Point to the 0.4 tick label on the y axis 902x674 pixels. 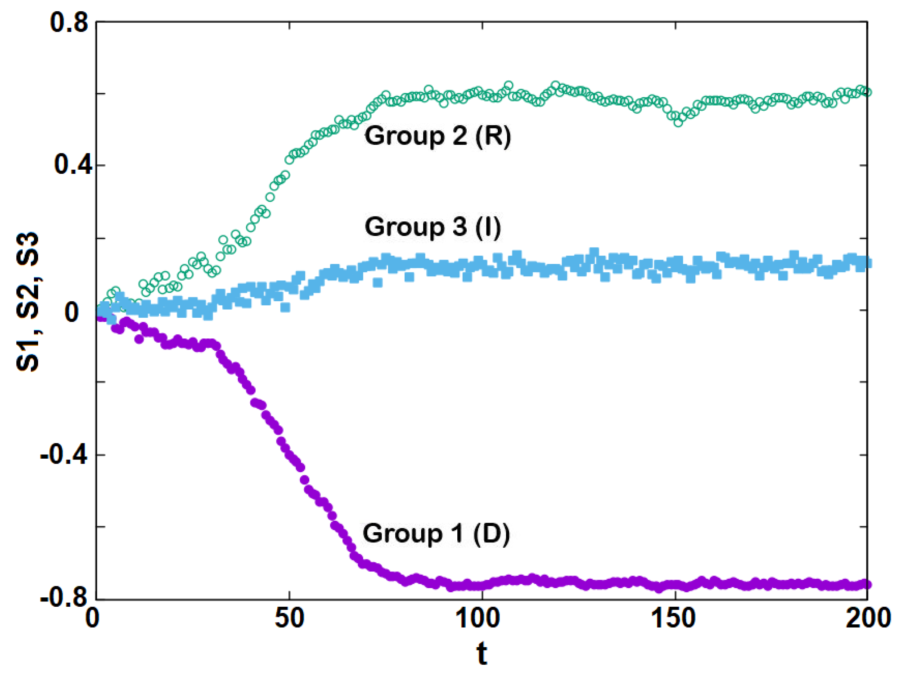[68, 165]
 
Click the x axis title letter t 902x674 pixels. [482, 655]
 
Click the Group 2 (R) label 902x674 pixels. [437, 135]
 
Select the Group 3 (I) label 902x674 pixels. [432, 227]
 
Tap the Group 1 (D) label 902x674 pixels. [436, 533]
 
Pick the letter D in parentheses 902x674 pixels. [491, 533]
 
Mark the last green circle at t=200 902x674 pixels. [867, 92]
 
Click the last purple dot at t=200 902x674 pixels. [867, 585]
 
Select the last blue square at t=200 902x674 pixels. [867, 263]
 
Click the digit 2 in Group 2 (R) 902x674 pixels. [460, 135]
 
